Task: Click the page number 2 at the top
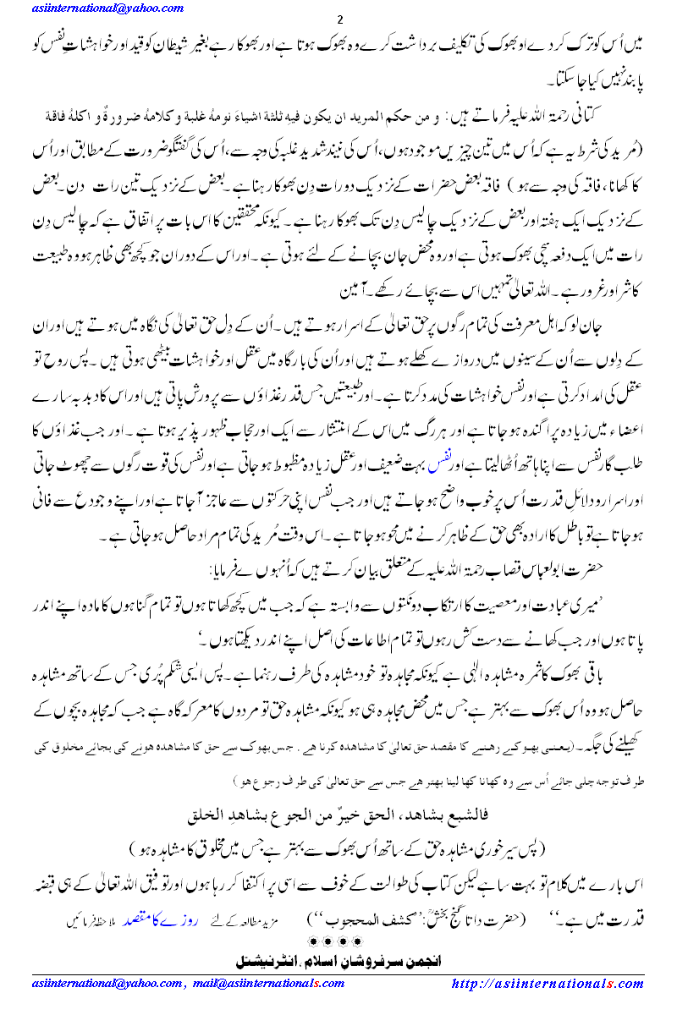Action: tap(339, 20)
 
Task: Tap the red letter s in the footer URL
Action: tap(618, 984)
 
